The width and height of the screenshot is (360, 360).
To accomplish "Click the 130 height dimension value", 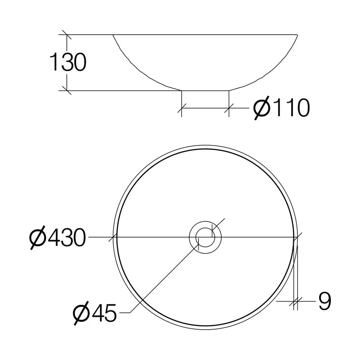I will tap(68, 63).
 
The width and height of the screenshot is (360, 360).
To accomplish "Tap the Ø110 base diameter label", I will tap(282, 108).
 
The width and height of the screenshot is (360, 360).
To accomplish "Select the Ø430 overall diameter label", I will tap(58, 238).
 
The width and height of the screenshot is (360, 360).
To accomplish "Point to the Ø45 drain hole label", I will tap(95, 312).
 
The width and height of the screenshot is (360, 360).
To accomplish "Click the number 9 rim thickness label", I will tap(324, 301).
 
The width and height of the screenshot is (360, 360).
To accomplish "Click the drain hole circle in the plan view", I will tap(205, 237).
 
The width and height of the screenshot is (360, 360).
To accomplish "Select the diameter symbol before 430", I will tap(38, 238).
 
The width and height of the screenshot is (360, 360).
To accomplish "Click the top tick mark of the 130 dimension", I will tap(67, 35).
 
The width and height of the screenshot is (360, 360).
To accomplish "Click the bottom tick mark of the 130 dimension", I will tap(67, 90).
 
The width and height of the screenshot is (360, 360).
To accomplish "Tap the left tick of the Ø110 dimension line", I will tap(182, 108).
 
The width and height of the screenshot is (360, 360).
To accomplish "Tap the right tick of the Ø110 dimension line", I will tap(229, 108).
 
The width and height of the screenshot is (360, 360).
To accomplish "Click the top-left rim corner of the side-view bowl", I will tap(113, 35).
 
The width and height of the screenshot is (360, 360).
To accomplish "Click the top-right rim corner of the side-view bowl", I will tap(298, 35).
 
